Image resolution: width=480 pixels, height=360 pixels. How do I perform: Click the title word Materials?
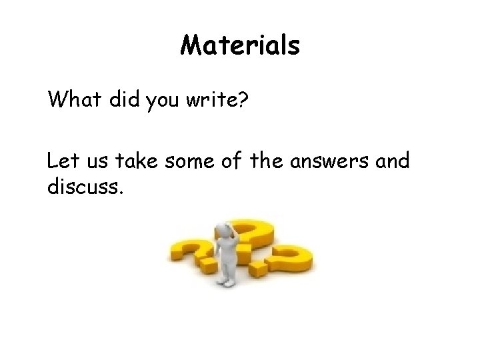point(240,46)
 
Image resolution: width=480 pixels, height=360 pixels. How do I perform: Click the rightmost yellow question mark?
point(288,262)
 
